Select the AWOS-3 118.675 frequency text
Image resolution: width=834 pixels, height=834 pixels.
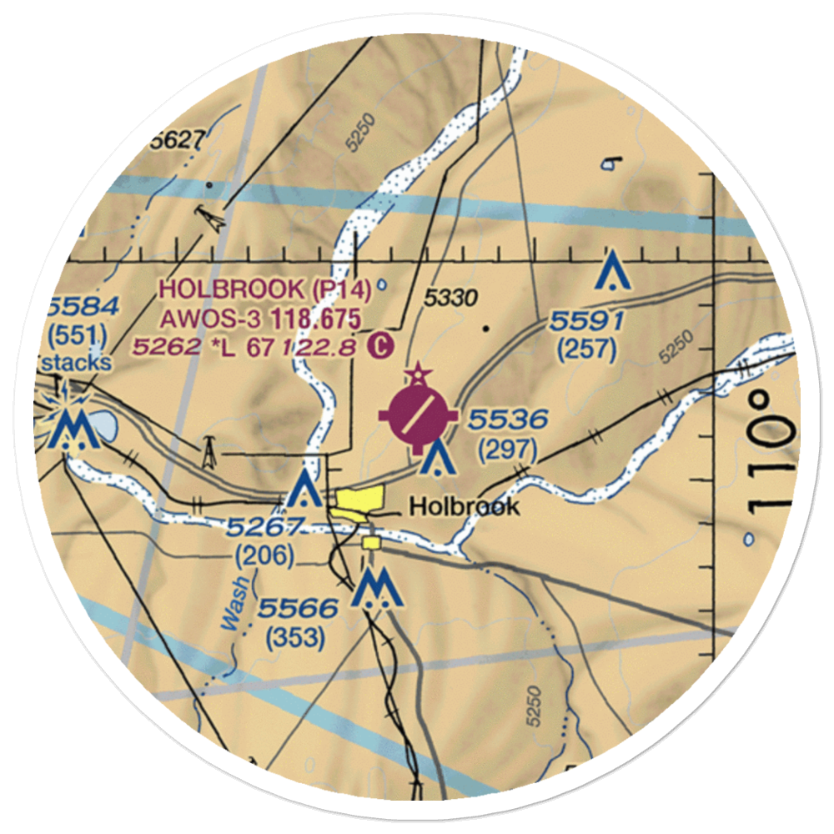click(261, 318)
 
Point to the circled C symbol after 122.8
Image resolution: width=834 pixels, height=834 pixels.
click(379, 344)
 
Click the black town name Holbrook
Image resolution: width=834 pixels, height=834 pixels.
click(465, 506)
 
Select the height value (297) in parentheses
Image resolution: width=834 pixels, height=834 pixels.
click(507, 450)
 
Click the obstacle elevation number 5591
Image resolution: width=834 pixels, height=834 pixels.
click(587, 321)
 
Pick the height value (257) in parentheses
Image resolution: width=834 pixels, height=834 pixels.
click(587, 351)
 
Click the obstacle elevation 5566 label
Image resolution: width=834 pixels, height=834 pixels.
click(297, 609)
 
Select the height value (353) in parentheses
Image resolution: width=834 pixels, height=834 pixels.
click(295, 639)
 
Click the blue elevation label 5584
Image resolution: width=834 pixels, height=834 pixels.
click(81, 305)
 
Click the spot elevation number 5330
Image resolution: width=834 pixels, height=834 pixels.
click(450, 298)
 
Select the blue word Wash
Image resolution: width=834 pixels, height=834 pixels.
click(235, 602)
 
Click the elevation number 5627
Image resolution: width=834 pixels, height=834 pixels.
click(177, 142)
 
